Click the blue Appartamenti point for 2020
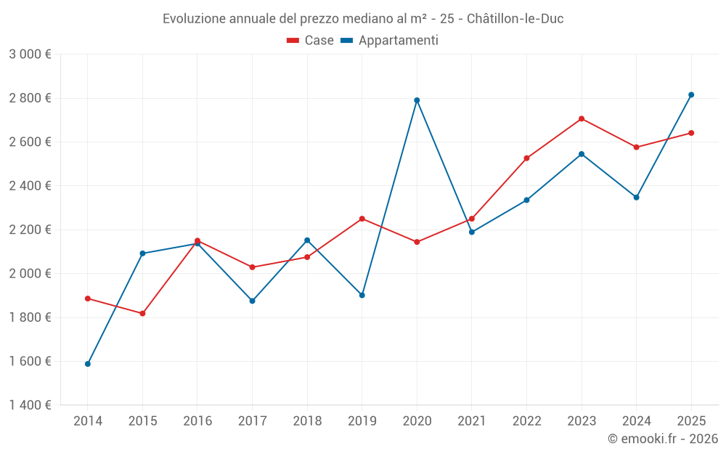click(x=417, y=100)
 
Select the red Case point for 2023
click(x=582, y=118)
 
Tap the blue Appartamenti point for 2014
click(x=88, y=364)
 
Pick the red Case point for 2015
click(x=142, y=314)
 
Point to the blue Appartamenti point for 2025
click(x=691, y=94)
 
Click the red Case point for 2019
click(x=362, y=219)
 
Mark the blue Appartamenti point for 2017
click(x=252, y=301)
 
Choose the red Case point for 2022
click(x=526, y=158)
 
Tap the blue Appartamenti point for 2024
click(x=637, y=198)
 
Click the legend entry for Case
click(x=311, y=41)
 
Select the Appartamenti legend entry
click(x=390, y=41)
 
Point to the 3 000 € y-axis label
click(x=30, y=54)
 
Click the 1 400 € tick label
click(x=30, y=405)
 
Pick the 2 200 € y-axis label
click(x=30, y=230)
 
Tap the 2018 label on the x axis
click(x=307, y=421)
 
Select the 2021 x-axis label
click(x=472, y=421)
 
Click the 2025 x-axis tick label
click(x=691, y=421)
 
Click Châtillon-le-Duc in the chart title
click(x=515, y=18)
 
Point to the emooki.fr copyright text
click(x=662, y=439)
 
